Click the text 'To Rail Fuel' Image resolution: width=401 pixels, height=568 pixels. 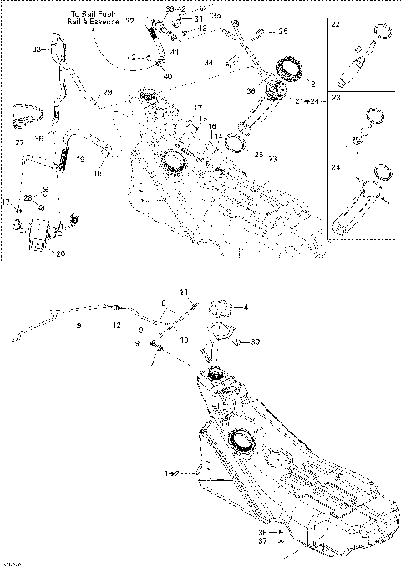(93, 15)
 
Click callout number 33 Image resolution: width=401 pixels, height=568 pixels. (36, 50)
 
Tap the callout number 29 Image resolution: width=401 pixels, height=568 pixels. (107, 91)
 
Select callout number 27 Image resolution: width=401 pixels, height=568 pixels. (20, 143)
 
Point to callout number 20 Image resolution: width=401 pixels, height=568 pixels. (59, 254)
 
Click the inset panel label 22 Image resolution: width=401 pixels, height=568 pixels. (336, 27)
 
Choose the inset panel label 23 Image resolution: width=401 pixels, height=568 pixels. (336, 97)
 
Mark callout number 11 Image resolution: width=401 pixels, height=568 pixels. (185, 293)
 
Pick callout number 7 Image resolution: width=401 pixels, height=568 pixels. (153, 363)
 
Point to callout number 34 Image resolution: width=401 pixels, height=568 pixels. (209, 62)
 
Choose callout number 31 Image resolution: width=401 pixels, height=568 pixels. (197, 19)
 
